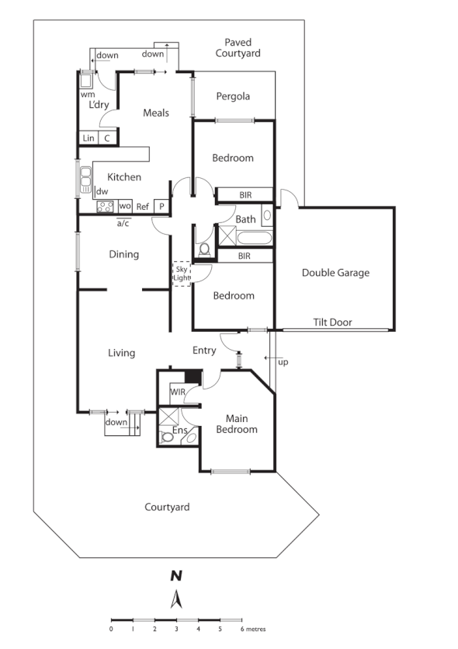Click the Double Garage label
[x=335, y=273]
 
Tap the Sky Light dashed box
[x=180, y=273]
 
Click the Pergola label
[x=233, y=97]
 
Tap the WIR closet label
[x=177, y=393]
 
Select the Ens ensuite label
[x=179, y=430]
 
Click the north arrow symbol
[x=176, y=598]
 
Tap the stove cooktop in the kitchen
[x=104, y=207]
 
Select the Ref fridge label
[x=143, y=207]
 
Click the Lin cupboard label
[x=88, y=138]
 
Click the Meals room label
[x=156, y=113]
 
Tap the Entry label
[x=204, y=351]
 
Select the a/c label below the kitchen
[x=123, y=222]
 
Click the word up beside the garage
[x=282, y=362]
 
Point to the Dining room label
[x=123, y=254]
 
